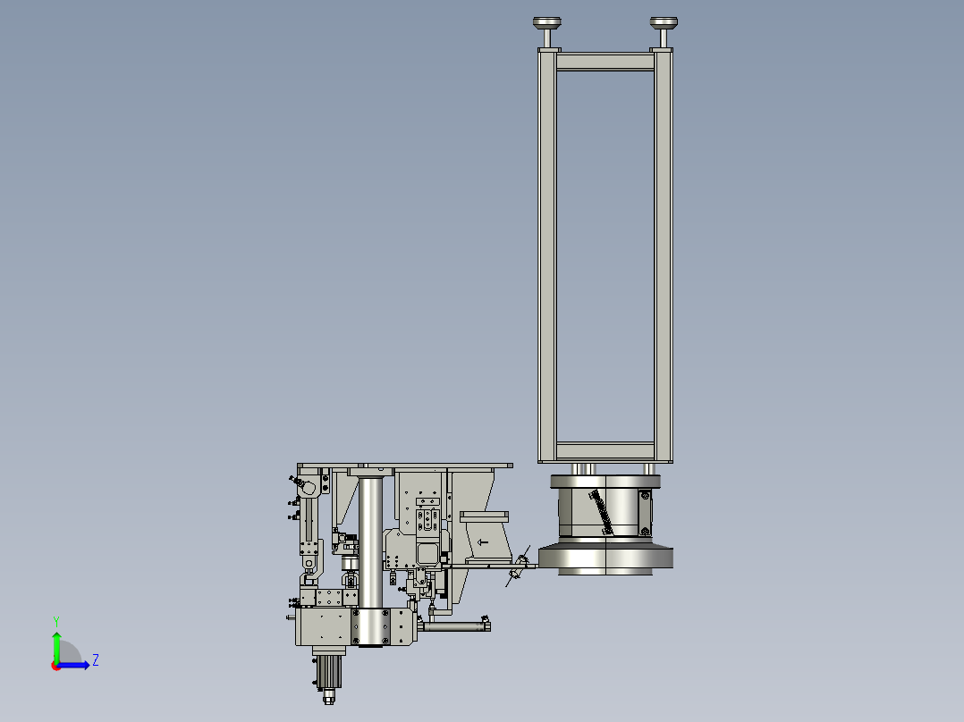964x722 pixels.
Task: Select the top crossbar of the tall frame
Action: [x=605, y=62]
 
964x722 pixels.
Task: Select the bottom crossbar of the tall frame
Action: [x=605, y=451]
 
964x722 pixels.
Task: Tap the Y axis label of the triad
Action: [x=56, y=622]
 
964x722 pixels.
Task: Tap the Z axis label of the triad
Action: [x=96, y=660]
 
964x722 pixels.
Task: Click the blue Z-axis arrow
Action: [x=73, y=665]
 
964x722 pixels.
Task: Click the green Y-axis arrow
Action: [x=56, y=648]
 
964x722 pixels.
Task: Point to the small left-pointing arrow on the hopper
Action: [x=483, y=542]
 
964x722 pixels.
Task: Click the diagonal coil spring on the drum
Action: [x=601, y=512]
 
